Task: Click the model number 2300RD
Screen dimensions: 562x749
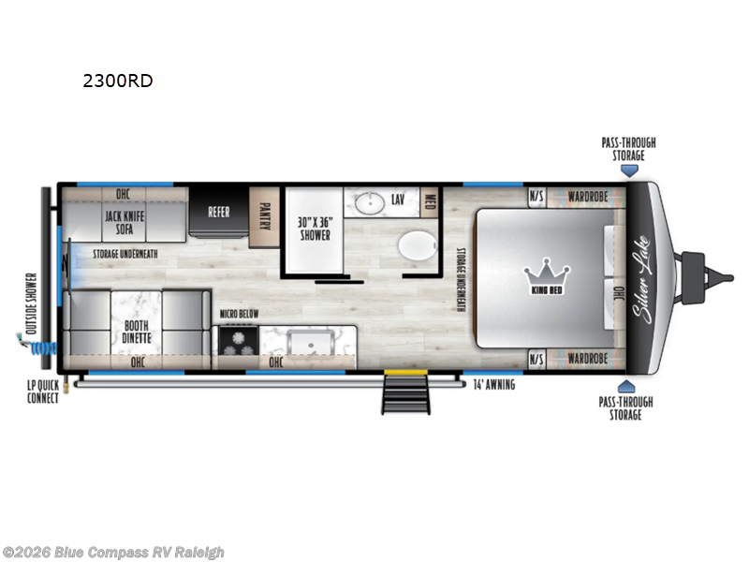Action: tap(117, 81)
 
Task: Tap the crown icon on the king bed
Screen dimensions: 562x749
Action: tap(547, 273)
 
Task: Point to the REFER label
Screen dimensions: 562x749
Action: tap(218, 213)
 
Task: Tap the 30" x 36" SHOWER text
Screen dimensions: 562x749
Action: tap(316, 229)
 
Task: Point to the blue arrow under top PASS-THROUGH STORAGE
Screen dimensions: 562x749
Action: tap(631, 171)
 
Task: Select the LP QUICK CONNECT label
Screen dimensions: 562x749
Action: tap(43, 392)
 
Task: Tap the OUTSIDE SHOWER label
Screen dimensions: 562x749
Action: tap(31, 303)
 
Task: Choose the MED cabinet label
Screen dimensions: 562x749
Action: tap(430, 201)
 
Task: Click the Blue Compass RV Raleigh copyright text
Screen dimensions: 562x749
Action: tap(113, 553)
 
